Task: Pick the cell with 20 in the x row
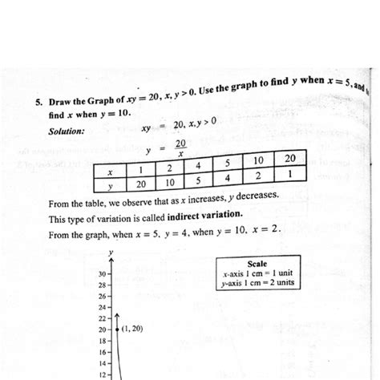coord(289,158)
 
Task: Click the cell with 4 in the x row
coord(197,166)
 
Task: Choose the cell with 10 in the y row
coord(170,183)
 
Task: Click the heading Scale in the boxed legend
coord(257,263)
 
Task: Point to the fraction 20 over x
coord(181,148)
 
